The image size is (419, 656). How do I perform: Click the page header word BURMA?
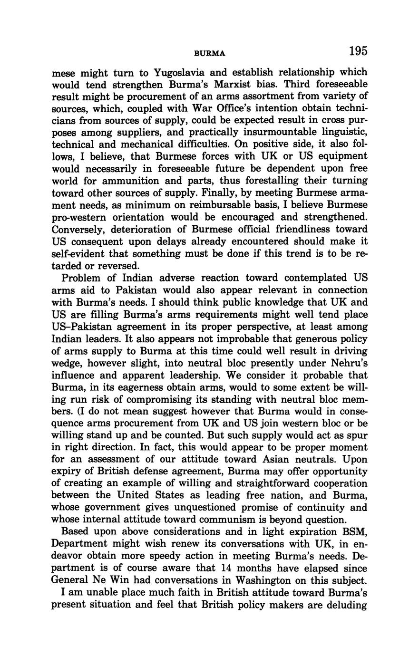tap(210, 53)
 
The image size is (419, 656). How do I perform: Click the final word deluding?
tap(346, 605)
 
